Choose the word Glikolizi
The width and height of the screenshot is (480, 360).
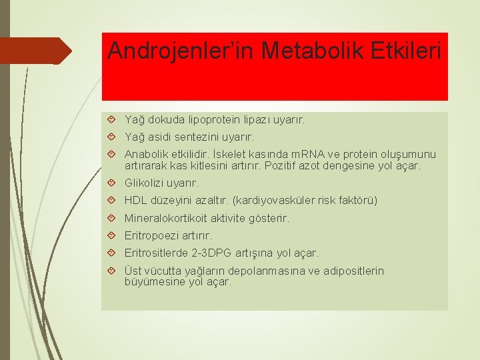(x=144, y=183)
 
